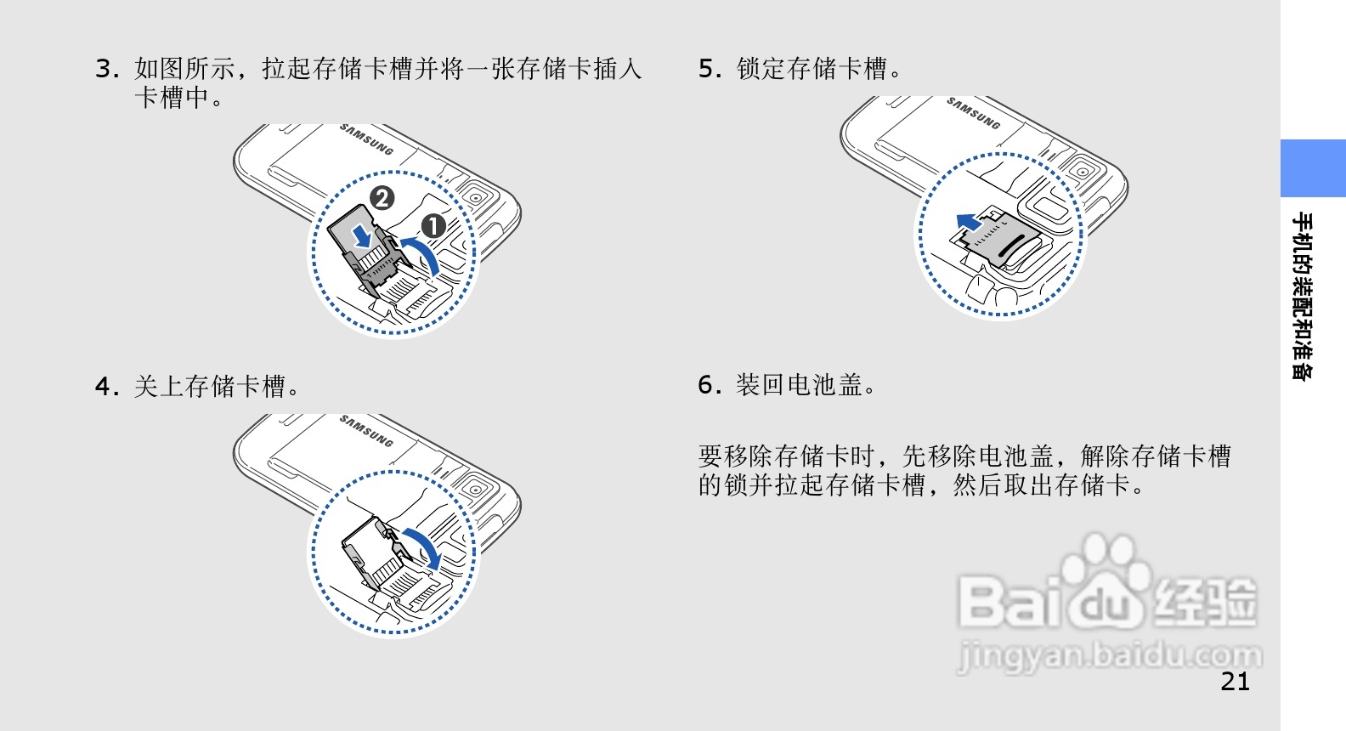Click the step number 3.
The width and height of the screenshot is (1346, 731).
coord(107,69)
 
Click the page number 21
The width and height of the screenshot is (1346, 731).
coord(1236,682)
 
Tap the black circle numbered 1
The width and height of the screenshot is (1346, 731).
coord(433,227)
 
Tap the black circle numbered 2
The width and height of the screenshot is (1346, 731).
coord(382,198)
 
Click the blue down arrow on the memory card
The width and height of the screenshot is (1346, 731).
coord(362,235)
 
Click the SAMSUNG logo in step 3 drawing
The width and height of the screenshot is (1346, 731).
coord(366,139)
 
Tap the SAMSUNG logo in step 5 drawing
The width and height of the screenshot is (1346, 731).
coord(974,113)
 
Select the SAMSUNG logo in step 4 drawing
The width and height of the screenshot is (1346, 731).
coord(366,430)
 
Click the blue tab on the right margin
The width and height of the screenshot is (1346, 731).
coord(1313,168)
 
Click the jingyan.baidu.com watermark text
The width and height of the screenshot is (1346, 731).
coord(1110,655)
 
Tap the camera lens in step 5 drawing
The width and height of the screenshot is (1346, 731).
coord(1083,172)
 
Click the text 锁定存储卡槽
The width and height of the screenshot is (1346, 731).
coord(812,69)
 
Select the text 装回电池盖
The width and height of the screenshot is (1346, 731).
coord(799,385)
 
